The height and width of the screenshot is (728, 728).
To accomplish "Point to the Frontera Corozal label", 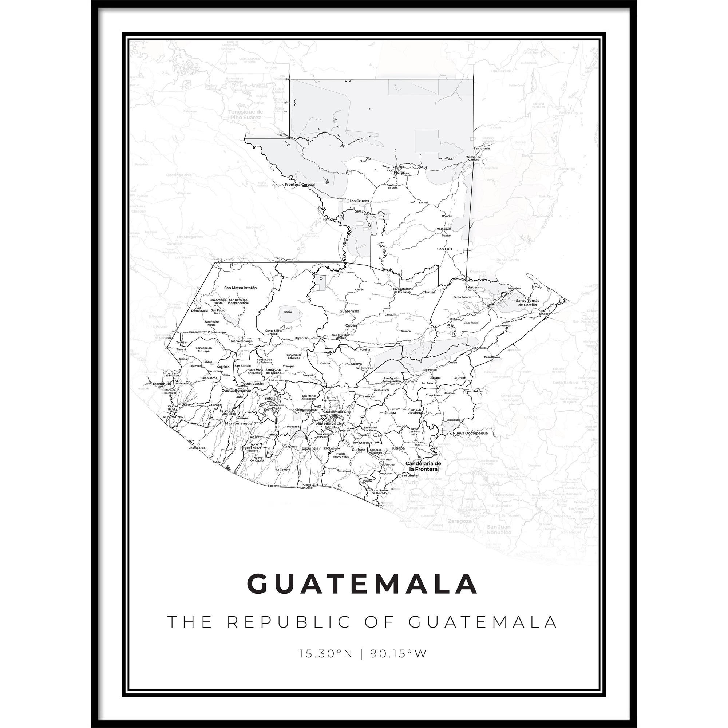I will pyautogui.click(x=300, y=185).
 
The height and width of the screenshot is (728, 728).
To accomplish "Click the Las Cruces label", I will pyautogui.click(x=359, y=201).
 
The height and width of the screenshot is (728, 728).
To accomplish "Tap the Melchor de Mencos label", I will pyautogui.click(x=473, y=158).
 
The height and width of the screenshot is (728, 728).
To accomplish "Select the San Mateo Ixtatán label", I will pyautogui.click(x=240, y=288).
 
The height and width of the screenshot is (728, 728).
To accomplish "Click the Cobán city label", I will pyautogui.click(x=351, y=325).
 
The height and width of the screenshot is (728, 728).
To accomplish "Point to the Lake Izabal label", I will pyautogui.click(x=471, y=323).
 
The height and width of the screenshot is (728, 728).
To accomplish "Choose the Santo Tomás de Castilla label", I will pyautogui.click(x=527, y=302).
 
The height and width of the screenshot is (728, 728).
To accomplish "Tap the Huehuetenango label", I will pyautogui.click(x=241, y=341).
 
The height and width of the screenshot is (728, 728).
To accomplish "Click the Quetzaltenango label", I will pyautogui.click(x=237, y=390).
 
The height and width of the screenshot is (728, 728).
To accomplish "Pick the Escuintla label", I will pyautogui.click(x=310, y=448).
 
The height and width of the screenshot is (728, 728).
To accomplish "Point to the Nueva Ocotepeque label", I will pyautogui.click(x=470, y=433).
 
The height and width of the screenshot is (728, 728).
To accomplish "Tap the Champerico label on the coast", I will pyautogui.click(x=197, y=448).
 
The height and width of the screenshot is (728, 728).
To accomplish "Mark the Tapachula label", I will pyautogui.click(x=162, y=384).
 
